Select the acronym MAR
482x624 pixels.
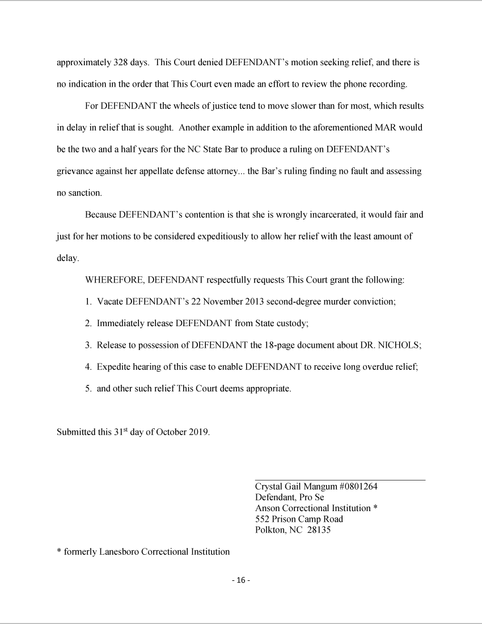tap(386, 128)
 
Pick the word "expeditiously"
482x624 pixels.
tap(215, 237)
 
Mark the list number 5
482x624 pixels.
tap(88, 389)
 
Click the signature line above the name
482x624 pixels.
tap(340, 480)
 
